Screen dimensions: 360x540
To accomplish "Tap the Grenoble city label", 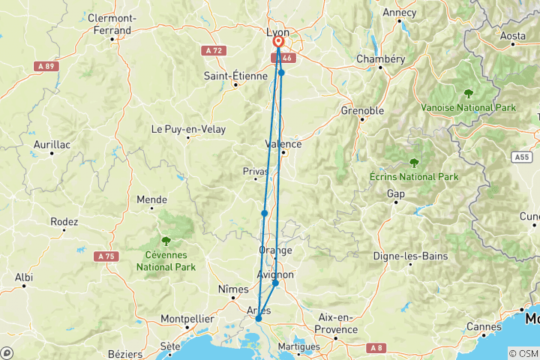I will click(x=362, y=111).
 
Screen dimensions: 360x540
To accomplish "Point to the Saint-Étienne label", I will click(x=235, y=76).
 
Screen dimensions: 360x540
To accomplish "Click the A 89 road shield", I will click(x=46, y=66).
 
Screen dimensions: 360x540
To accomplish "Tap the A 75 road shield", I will click(x=106, y=256).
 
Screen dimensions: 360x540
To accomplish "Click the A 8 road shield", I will click(x=376, y=347).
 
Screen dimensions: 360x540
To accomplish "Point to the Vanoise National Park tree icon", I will click(x=469, y=94).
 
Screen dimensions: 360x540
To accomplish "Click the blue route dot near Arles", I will click(x=258, y=319).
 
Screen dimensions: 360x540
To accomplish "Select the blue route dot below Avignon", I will click(x=275, y=283).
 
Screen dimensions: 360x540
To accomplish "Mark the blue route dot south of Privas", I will click(x=264, y=214).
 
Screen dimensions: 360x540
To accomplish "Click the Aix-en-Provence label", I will click(x=335, y=323).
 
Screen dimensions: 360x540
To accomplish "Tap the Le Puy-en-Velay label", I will click(x=188, y=129).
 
